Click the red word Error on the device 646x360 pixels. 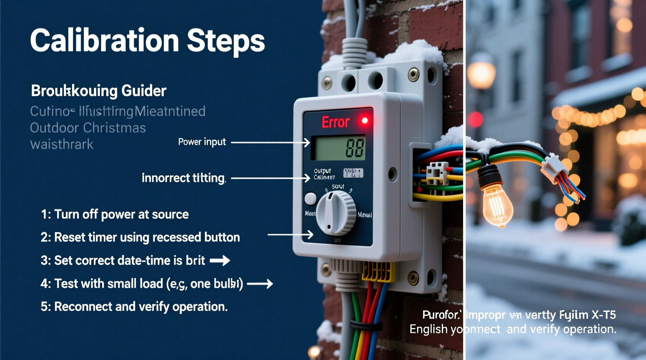[335, 122]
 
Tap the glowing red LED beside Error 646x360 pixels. [365, 121]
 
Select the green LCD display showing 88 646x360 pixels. [340, 148]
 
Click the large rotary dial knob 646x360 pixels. [336, 213]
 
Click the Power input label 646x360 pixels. [202, 142]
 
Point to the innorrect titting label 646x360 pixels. [183, 178]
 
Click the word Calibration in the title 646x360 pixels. [104, 41]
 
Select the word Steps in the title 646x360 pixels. [226, 42]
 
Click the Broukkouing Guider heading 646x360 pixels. [99, 91]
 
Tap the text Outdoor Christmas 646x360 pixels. [88, 128]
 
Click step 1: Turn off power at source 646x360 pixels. [115, 215]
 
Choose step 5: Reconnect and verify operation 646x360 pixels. [134, 307]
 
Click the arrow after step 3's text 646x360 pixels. [220, 261]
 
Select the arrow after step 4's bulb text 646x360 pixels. [260, 284]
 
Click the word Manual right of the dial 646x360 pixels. [365, 215]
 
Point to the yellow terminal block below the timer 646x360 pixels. [376, 272]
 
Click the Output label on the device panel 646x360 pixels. [322, 171]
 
